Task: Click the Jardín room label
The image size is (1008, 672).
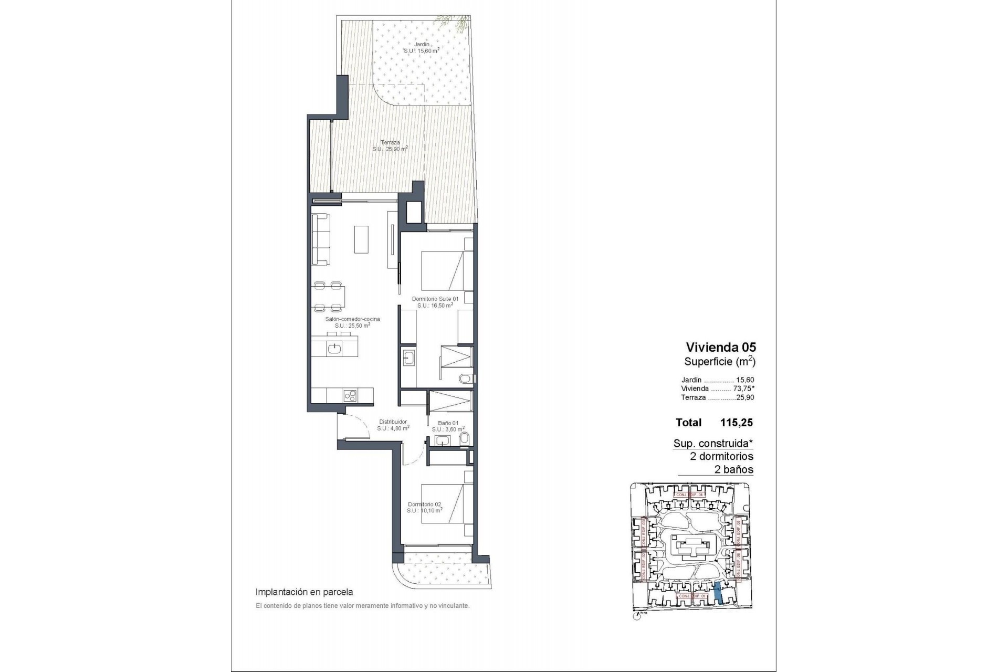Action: [x=422, y=45]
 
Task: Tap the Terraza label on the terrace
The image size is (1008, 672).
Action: [x=390, y=142]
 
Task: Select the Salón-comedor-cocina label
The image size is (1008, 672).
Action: [x=352, y=319]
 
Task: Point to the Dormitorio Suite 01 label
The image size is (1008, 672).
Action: [x=435, y=299]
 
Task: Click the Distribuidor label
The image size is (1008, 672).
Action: [x=393, y=422]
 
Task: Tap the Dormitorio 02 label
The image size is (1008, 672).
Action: [x=424, y=504]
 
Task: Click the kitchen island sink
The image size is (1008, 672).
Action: [x=334, y=348]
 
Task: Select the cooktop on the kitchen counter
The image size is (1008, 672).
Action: [x=350, y=395]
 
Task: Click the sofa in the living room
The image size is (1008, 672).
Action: [x=321, y=239]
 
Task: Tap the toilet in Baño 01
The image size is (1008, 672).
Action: [x=464, y=439]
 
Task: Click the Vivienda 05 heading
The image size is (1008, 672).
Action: [x=721, y=347]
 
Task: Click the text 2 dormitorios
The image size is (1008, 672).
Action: [x=721, y=456]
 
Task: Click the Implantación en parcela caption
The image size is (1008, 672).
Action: [x=304, y=592]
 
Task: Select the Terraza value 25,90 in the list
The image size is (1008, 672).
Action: [x=744, y=397]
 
